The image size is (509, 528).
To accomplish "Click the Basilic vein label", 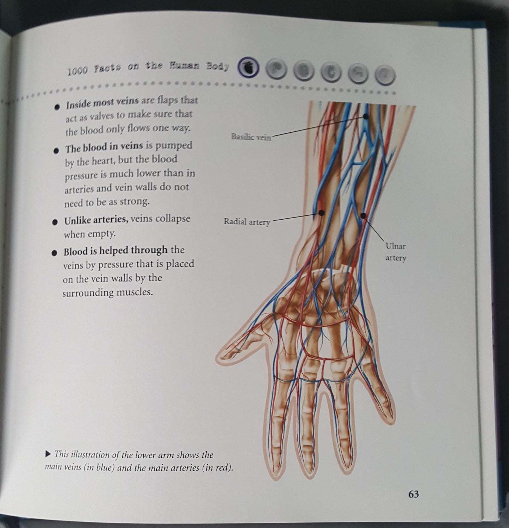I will coord(251,137).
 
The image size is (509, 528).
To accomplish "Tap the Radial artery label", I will coord(247,222).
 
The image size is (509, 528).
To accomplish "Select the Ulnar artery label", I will coord(396,252).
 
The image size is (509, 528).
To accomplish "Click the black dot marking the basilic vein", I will coord(366,117).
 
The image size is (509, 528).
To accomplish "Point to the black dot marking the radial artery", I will coord(321,212).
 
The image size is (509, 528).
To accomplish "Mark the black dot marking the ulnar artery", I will coord(363,215).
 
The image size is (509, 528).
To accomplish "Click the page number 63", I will coord(413,494).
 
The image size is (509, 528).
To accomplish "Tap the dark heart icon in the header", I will coord(248,67).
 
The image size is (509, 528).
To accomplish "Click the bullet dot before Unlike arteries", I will coord(54,222).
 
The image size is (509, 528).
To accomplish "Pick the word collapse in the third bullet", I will coord(172,219).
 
